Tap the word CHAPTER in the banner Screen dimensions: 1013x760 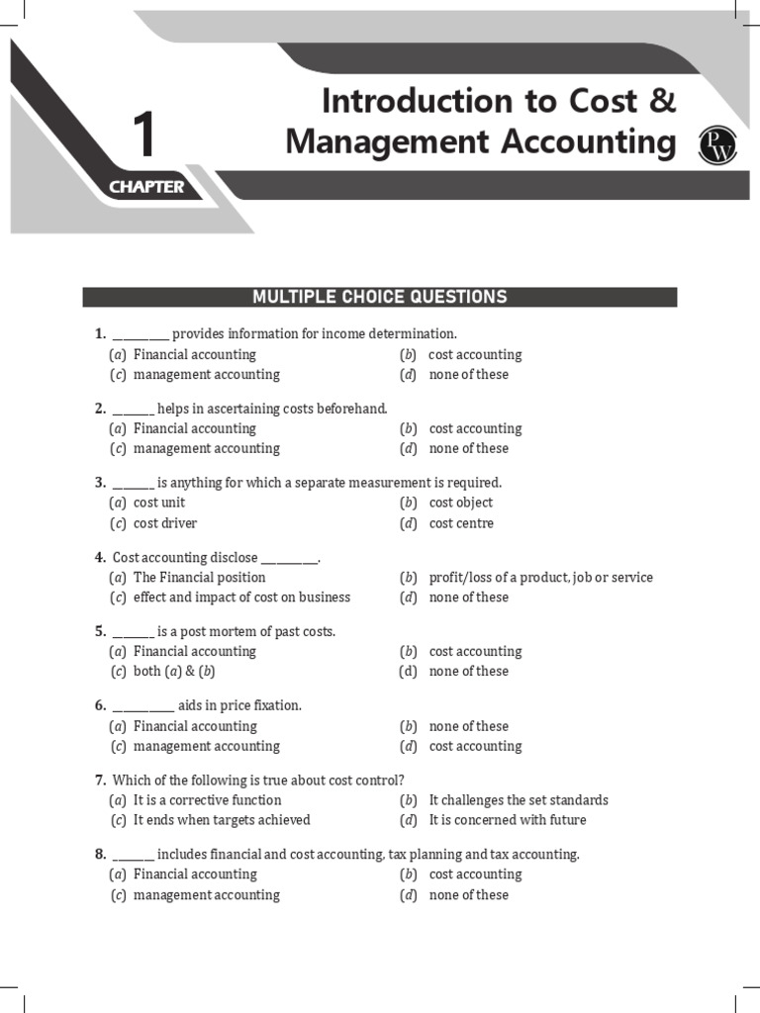click(146, 187)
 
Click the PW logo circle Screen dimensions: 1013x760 click(712, 144)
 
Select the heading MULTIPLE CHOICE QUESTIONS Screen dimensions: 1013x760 click(380, 297)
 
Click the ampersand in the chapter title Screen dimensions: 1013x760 click(664, 101)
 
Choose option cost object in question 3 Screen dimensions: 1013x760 click(460, 503)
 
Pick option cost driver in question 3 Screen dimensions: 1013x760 click(164, 523)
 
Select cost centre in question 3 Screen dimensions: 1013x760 click(460, 523)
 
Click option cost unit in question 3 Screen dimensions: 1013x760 click(158, 503)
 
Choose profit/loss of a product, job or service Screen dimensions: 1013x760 click(540, 577)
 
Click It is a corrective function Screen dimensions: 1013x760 click(207, 799)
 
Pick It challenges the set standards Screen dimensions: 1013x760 click(518, 799)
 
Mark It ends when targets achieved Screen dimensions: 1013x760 click(221, 820)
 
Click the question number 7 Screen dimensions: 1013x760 click(100, 780)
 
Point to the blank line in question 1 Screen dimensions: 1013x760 click(141, 334)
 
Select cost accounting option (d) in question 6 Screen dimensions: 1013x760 click(474, 746)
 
